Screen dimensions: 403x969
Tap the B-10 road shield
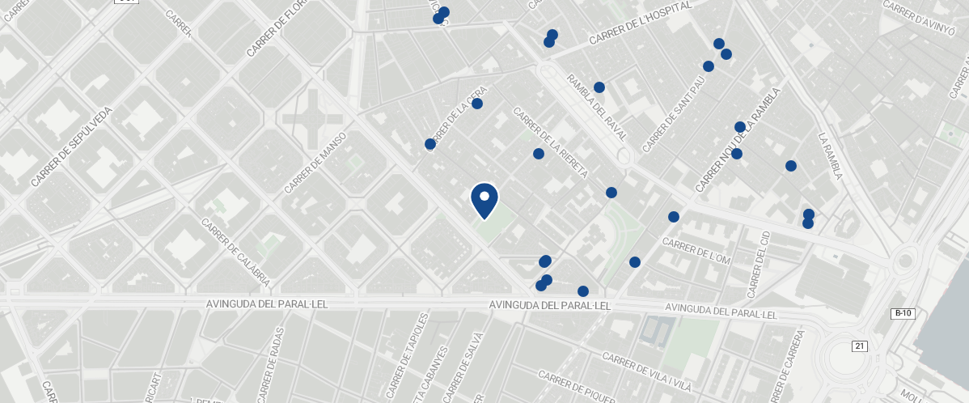903,313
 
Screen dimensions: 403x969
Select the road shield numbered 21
859,346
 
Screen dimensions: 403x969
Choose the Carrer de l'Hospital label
641,23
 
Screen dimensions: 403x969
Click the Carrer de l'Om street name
696,250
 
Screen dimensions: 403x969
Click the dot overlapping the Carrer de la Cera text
430,144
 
